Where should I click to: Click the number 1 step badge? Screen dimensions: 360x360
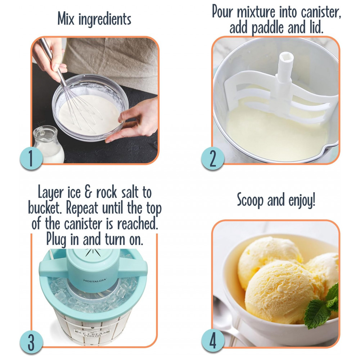tap(31, 158)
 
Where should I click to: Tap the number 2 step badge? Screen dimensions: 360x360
tap(213, 158)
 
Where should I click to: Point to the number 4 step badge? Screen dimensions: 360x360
tap(213, 341)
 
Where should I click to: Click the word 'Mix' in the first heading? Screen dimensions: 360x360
tap(66, 19)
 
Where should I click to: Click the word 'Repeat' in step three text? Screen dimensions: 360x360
tap(82, 208)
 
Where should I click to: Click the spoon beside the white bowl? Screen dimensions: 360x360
tap(226, 321)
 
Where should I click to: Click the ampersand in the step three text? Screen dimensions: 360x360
tap(88, 192)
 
